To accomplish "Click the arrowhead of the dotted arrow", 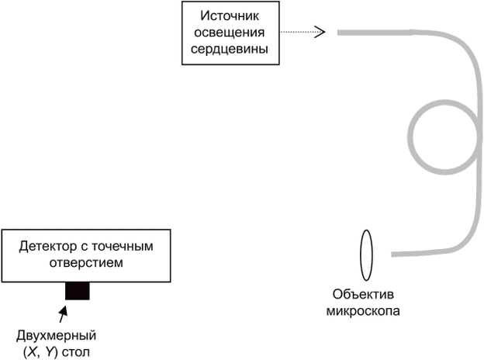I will (320, 33).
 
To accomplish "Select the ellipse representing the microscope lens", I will (366, 253).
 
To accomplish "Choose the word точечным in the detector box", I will (135, 246).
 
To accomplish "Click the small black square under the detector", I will (78, 291).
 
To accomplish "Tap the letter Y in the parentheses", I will (50, 352).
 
